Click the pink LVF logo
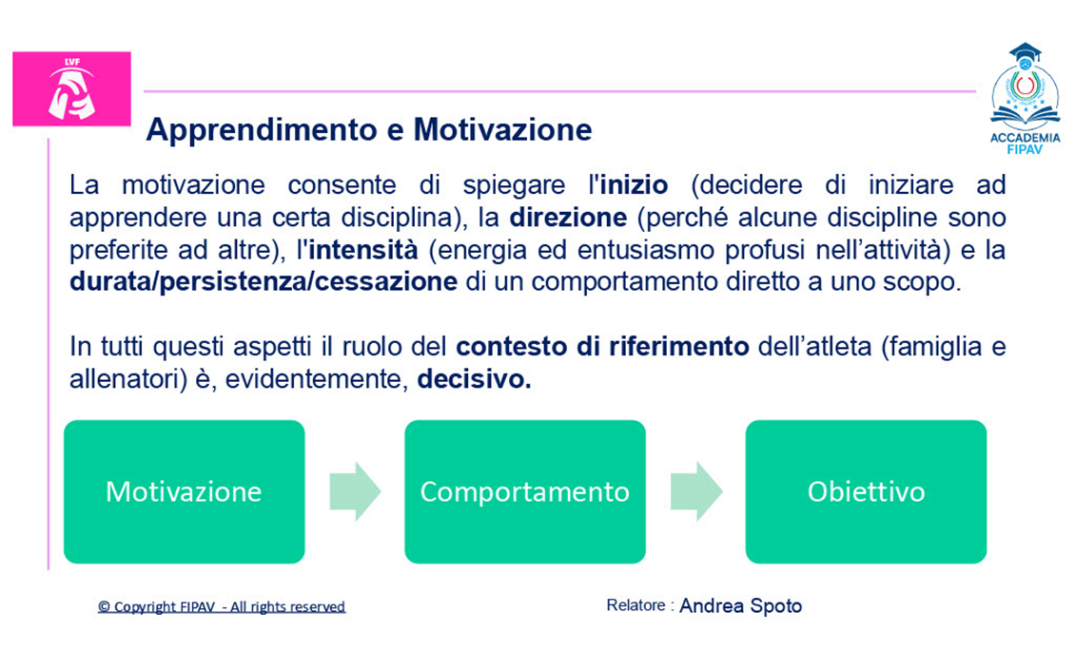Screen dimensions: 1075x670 pyautogui.click(x=72, y=89)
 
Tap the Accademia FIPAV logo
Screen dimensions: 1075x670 pyautogui.click(x=1025, y=99)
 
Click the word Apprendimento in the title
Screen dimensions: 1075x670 pyautogui.click(x=262, y=130)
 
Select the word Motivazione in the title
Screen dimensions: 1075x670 pyautogui.click(x=502, y=129)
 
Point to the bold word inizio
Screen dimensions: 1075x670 pyautogui.click(x=635, y=185)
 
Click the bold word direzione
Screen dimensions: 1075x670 pyautogui.click(x=568, y=218)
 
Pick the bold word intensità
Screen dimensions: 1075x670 pyautogui.click(x=362, y=249)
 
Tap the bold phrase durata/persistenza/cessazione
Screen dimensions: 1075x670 pyautogui.click(x=264, y=282)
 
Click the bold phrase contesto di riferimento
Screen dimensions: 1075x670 pyautogui.click(x=602, y=347)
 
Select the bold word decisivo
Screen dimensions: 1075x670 pyautogui.click(x=474, y=379)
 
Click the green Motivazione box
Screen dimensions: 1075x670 pyautogui.click(x=185, y=492)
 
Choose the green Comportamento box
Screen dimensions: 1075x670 pyautogui.click(x=525, y=492)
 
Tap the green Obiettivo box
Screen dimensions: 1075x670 pyautogui.click(x=866, y=492)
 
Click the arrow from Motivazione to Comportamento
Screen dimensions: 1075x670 pyautogui.click(x=355, y=491)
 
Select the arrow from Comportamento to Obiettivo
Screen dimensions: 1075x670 pyautogui.click(x=696, y=491)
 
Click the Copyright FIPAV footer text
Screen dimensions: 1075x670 pyautogui.click(x=222, y=606)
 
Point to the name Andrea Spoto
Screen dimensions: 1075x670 pyautogui.click(x=740, y=606)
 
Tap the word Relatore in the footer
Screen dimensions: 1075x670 pyautogui.click(x=635, y=605)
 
